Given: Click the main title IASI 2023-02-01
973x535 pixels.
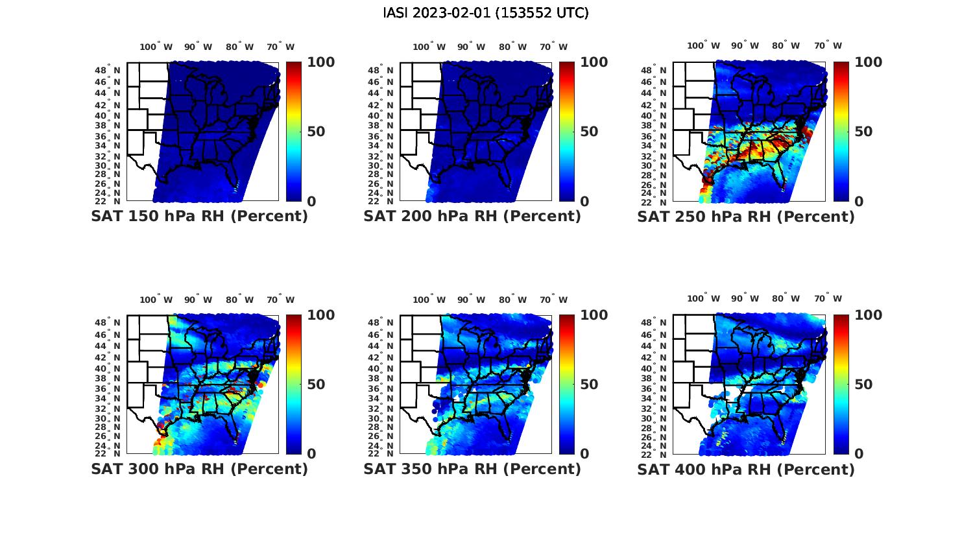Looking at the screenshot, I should (x=486, y=13).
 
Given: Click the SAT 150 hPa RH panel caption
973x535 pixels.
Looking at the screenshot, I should (x=199, y=217).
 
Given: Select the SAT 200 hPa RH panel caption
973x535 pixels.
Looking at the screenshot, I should (x=472, y=217).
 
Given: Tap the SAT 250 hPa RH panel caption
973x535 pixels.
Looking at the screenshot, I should (x=746, y=217).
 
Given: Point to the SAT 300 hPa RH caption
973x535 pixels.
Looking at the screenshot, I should (x=199, y=469).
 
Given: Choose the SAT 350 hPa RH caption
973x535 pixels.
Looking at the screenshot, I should (x=472, y=469).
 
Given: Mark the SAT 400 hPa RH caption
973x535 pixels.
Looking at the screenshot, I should (x=746, y=469).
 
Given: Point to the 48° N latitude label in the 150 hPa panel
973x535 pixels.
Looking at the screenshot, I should (x=108, y=70).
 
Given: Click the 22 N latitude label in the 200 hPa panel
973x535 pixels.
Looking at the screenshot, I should (x=381, y=202).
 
